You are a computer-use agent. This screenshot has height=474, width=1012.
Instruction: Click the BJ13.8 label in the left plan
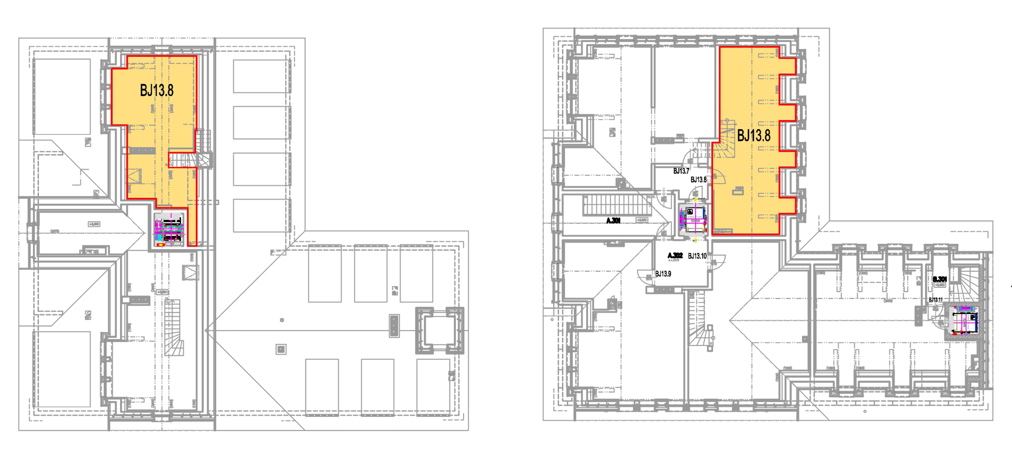click(x=157, y=90)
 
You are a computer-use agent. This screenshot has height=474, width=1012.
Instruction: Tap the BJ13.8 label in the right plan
click(x=753, y=136)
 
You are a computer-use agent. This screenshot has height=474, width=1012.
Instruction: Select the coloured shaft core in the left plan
click(x=169, y=230)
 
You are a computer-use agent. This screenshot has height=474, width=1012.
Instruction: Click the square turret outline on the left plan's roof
click(x=440, y=331)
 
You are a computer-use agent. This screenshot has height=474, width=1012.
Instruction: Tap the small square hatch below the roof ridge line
click(x=281, y=349)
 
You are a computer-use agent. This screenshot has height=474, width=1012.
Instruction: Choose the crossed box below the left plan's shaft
click(x=191, y=272)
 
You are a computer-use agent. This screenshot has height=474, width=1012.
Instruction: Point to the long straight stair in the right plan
click(x=613, y=205)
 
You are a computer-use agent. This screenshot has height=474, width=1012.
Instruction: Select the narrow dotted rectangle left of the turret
click(x=394, y=325)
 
